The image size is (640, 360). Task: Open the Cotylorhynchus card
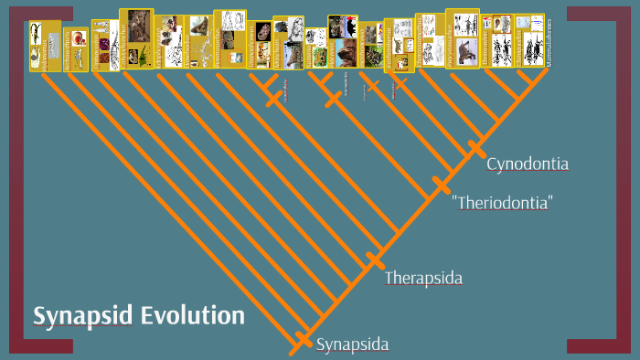coord(136,38)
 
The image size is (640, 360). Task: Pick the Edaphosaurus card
coord(169,42)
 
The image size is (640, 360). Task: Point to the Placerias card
coord(342,41)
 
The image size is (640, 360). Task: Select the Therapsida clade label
coord(423,278)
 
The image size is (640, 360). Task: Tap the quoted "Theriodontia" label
coord(503,203)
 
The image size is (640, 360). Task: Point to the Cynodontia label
coord(528,164)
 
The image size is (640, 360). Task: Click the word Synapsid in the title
coord(83,316)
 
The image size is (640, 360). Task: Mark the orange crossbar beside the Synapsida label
coord(303,340)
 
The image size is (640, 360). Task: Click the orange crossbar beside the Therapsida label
coord(373,260)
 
